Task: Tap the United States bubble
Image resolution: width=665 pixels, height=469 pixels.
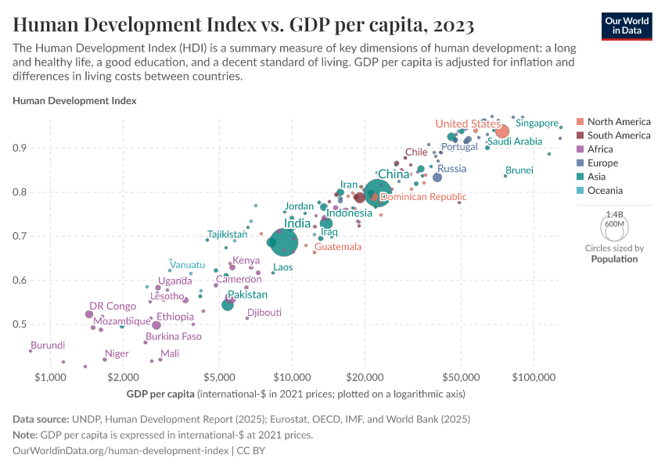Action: [502, 131]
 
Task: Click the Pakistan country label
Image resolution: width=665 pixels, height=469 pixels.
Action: [247, 295]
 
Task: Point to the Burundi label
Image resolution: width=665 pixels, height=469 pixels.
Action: [48, 345]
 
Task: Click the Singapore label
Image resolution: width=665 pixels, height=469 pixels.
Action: [537, 124]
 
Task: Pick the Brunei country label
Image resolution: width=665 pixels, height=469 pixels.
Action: [519, 170]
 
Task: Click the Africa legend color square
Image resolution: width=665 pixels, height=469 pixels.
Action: [580, 149]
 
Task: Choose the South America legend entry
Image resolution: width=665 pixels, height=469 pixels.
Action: [618, 135]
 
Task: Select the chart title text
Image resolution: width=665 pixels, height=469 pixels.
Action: [243, 25]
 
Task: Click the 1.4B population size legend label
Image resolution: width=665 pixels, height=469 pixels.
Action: [614, 214]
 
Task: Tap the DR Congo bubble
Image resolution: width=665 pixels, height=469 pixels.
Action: [89, 314]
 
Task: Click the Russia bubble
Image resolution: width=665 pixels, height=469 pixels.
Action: [437, 177]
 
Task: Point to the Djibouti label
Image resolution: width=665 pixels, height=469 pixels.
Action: [264, 312]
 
